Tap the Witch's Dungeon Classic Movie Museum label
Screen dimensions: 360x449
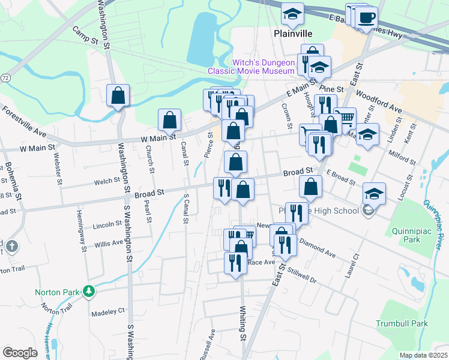tap(251, 67)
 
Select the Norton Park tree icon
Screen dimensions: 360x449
tap(89, 292)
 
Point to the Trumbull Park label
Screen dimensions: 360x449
tap(402, 323)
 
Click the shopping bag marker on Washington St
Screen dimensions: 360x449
tap(118, 95)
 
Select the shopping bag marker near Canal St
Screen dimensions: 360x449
tap(170, 120)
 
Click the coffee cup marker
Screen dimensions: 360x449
tap(366, 18)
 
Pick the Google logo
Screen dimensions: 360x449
tap(20, 353)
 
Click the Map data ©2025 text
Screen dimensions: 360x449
tap(423, 355)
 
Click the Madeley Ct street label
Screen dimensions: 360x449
tap(107, 312)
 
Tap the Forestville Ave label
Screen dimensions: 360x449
tap(24, 121)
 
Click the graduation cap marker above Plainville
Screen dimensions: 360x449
tap(292, 14)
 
